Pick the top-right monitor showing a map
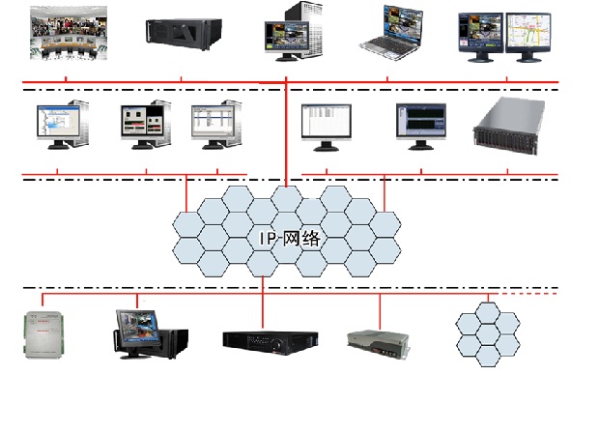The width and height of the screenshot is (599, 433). [527, 35]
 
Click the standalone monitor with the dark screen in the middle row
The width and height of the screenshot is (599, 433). [420, 124]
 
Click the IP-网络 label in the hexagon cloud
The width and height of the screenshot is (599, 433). [289, 238]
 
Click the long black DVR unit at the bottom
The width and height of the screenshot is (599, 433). [270, 339]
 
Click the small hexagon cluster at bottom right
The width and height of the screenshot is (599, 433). [491, 331]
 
